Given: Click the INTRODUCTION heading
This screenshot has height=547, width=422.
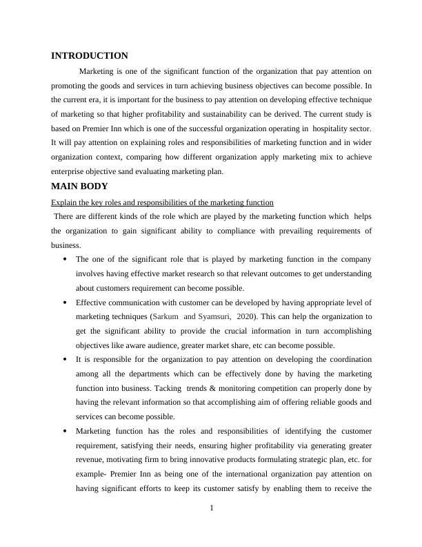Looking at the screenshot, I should pyautogui.click(x=90, y=56).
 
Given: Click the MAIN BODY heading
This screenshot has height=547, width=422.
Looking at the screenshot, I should pyautogui.click(x=79, y=186).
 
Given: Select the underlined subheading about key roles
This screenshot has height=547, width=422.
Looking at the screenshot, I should pyautogui.click(x=162, y=202).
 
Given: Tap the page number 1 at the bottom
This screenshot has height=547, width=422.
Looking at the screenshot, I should pyautogui.click(x=212, y=509).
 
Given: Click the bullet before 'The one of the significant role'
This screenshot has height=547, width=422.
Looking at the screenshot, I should pyautogui.click(x=64, y=260).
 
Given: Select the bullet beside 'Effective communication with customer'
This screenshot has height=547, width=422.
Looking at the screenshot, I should pyautogui.click(x=64, y=303).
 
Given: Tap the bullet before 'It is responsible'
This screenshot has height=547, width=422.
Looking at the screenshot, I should pyautogui.click(x=64, y=360).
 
